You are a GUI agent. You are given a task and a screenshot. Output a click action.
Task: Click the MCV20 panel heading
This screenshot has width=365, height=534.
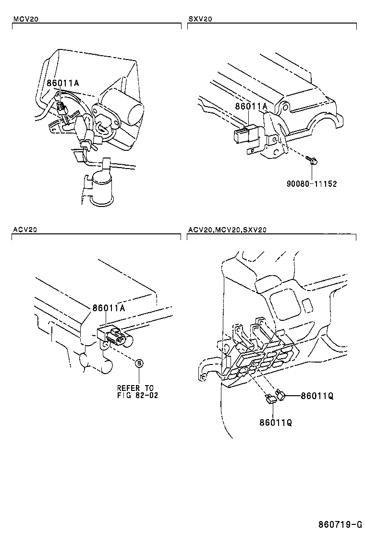26,19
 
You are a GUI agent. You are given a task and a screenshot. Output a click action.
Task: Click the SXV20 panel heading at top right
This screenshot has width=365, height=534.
200,19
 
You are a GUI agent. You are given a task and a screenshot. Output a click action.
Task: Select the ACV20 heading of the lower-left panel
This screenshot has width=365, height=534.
25,230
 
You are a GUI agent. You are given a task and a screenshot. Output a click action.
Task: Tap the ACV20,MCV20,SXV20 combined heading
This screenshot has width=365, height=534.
228,230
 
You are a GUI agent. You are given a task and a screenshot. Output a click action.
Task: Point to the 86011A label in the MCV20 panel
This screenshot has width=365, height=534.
62,83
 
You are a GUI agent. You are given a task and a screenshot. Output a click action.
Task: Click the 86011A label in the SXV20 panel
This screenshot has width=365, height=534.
251,107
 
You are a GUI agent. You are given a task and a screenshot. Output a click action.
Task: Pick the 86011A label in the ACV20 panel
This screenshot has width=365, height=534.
109,308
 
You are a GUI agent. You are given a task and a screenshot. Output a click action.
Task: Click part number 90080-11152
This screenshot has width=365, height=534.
312,184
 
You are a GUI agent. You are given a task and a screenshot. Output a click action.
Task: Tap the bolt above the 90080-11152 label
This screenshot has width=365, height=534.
311,159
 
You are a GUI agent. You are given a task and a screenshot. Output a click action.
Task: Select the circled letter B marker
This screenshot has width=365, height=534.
139,364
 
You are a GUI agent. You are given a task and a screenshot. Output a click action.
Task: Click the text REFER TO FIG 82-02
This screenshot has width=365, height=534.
137,392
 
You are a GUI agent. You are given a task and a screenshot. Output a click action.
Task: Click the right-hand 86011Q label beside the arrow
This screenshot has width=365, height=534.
317,396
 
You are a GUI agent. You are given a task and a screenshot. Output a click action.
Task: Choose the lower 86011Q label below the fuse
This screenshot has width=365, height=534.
276,423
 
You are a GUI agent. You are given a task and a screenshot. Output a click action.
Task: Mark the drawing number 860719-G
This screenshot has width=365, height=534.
340,523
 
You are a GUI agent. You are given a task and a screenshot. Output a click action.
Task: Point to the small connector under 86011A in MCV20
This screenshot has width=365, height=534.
61,107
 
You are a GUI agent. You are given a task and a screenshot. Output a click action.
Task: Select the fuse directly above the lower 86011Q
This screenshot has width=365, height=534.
271,399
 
